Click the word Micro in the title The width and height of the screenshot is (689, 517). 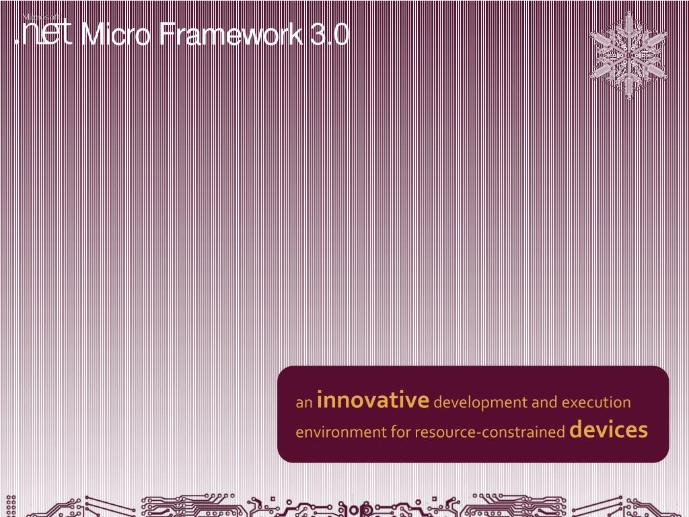[x=115, y=35]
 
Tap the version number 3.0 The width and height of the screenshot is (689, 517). [x=330, y=35]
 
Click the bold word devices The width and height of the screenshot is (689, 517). [x=608, y=429]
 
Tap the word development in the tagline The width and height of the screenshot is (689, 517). [x=480, y=403]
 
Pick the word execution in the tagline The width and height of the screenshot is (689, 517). [x=596, y=403]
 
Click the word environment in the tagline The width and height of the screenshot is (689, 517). [x=341, y=432]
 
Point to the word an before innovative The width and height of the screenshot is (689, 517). [x=304, y=403]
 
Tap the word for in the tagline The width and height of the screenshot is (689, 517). [x=401, y=432]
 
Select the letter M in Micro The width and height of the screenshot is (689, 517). [x=91, y=35]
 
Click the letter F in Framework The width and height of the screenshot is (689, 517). [x=167, y=35]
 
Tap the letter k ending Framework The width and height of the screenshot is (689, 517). [x=296, y=35]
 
